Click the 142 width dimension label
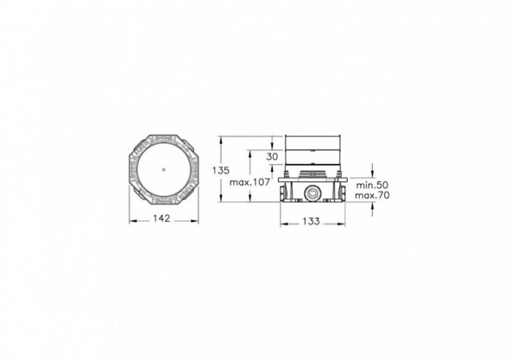[x=162, y=218]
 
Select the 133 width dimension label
[x=311, y=221]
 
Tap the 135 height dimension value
[x=221, y=170]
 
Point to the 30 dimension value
[x=272, y=157]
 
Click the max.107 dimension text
[x=250, y=182]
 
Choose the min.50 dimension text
[x=372, y=185]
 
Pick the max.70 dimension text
[x=372, y=195]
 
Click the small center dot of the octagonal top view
[x=163, y=169]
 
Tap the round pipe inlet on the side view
[x=311, y=193]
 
